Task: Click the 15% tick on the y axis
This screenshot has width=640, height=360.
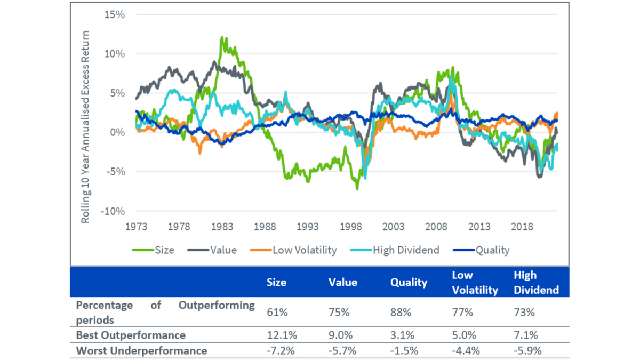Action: click(115, 14)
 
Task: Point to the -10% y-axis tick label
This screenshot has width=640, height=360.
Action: click(113, 211)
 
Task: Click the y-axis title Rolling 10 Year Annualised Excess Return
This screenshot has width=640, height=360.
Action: click(86, 127)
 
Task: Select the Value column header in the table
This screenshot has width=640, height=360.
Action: click(343, 283)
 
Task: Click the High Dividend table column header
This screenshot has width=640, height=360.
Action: click(536, 283)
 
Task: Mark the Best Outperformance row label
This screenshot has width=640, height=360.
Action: click(131, 335)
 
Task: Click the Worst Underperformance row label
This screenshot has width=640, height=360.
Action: click(141, 351)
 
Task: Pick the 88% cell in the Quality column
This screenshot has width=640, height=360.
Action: click(401, 313)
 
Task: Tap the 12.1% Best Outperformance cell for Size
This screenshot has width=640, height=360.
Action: click(278, 335)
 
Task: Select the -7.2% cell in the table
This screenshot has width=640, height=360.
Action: click(278, 351)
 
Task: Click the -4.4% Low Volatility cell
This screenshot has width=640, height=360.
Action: click(463, 351)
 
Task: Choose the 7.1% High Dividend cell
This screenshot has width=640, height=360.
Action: click(525, 335)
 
